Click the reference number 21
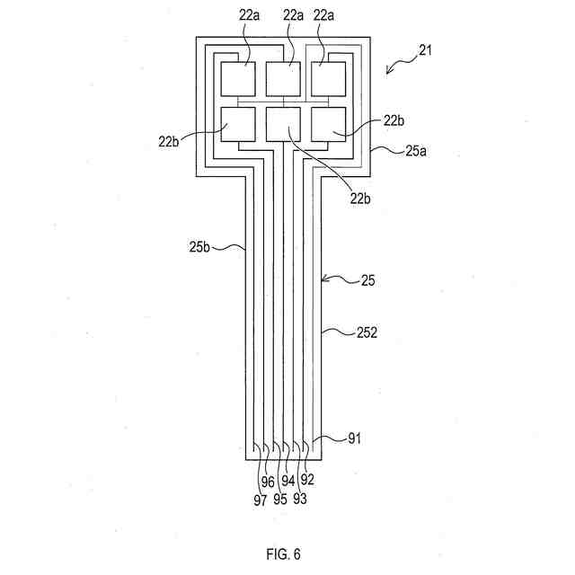point(425,50)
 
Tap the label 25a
point(416,152)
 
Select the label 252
point(367,332)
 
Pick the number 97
point(260,500)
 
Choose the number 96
point(268,482)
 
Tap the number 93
point(299,500)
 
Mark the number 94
point(287,482)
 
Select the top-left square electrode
point(238,78)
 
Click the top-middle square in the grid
point(283,78)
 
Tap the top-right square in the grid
point(328,78)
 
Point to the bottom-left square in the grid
point(238,124)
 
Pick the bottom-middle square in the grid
point(283,124)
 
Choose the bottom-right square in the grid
point(328,124)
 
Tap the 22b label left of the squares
point(168,140)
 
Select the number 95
point(279,500)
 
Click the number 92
point(307,482)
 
